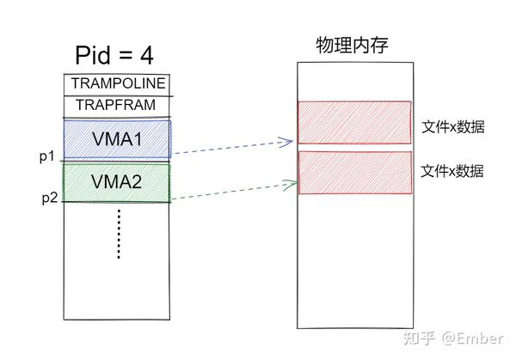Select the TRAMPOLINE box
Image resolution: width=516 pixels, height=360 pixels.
point(118,83)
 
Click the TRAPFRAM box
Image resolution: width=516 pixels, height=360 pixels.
point(118,105)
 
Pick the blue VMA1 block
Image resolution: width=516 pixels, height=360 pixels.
point(117,138)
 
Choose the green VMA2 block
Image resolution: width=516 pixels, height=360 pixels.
point(117,182)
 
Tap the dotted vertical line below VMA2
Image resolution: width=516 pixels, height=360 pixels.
point(119,233)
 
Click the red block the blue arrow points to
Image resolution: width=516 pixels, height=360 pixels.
point(354,122)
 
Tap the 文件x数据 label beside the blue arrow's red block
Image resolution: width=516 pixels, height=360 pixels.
point(453,127)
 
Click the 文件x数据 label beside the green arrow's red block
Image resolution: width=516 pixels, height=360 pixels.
point(453,171)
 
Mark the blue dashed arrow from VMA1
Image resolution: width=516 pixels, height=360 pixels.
point(230,147)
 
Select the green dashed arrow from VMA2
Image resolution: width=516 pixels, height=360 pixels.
point(230,190)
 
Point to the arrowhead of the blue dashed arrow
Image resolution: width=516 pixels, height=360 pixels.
point(290,139)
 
